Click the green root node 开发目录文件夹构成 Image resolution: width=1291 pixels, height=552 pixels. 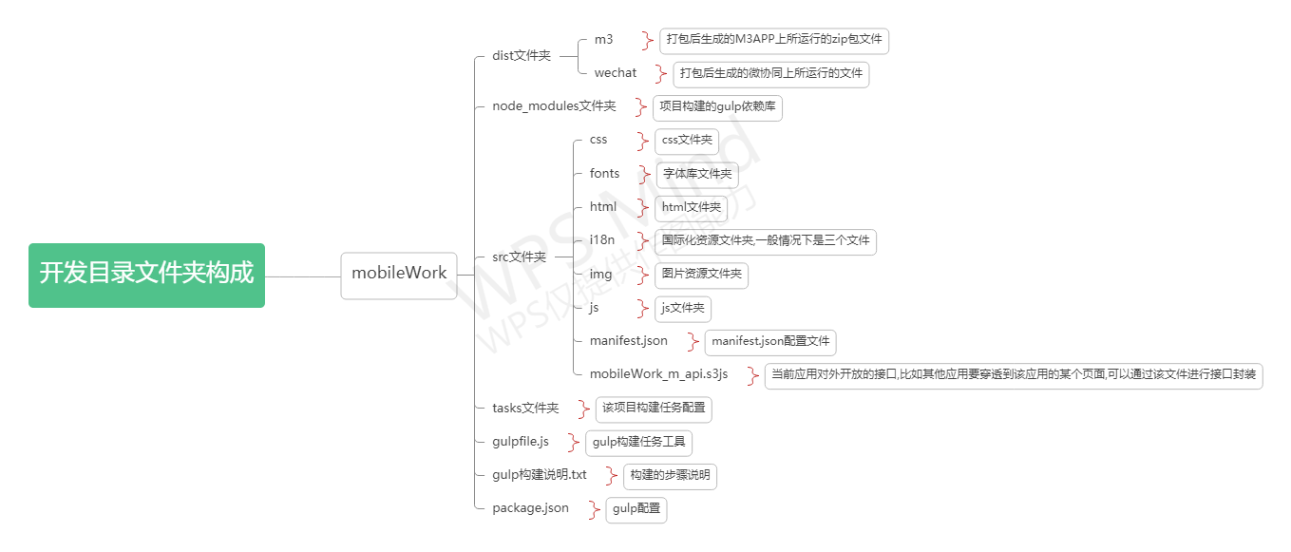[146, 275]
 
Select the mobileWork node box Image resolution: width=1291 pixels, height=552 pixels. [399, 275]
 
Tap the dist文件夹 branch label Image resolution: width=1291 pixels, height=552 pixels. [522, 56]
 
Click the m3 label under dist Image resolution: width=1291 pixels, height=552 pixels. [604, 40]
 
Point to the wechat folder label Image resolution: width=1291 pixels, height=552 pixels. [616, 73]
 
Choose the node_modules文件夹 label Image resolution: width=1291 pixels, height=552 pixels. [554, 106]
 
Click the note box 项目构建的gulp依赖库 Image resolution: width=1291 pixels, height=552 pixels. [717, 107]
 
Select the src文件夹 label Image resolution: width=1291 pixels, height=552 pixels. [519, 257]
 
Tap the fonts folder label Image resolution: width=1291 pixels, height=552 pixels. [604, 174]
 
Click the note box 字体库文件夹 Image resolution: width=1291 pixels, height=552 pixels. [697, 175]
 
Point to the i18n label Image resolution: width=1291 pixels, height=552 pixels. [602, 240]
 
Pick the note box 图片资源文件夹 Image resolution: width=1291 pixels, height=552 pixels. [701, 276]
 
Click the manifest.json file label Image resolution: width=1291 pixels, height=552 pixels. [628, 341]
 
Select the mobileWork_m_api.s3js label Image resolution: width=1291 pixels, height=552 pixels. [658, 374]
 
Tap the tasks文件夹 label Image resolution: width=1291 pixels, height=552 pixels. [525, 409]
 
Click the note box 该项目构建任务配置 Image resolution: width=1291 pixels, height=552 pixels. [654, 409]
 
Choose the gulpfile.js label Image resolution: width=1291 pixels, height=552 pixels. [521, 442]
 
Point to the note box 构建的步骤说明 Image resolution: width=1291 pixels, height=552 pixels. [670, 475]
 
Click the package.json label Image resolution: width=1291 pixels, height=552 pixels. [530, 508]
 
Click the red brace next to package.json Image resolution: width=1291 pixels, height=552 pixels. [595, 509]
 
